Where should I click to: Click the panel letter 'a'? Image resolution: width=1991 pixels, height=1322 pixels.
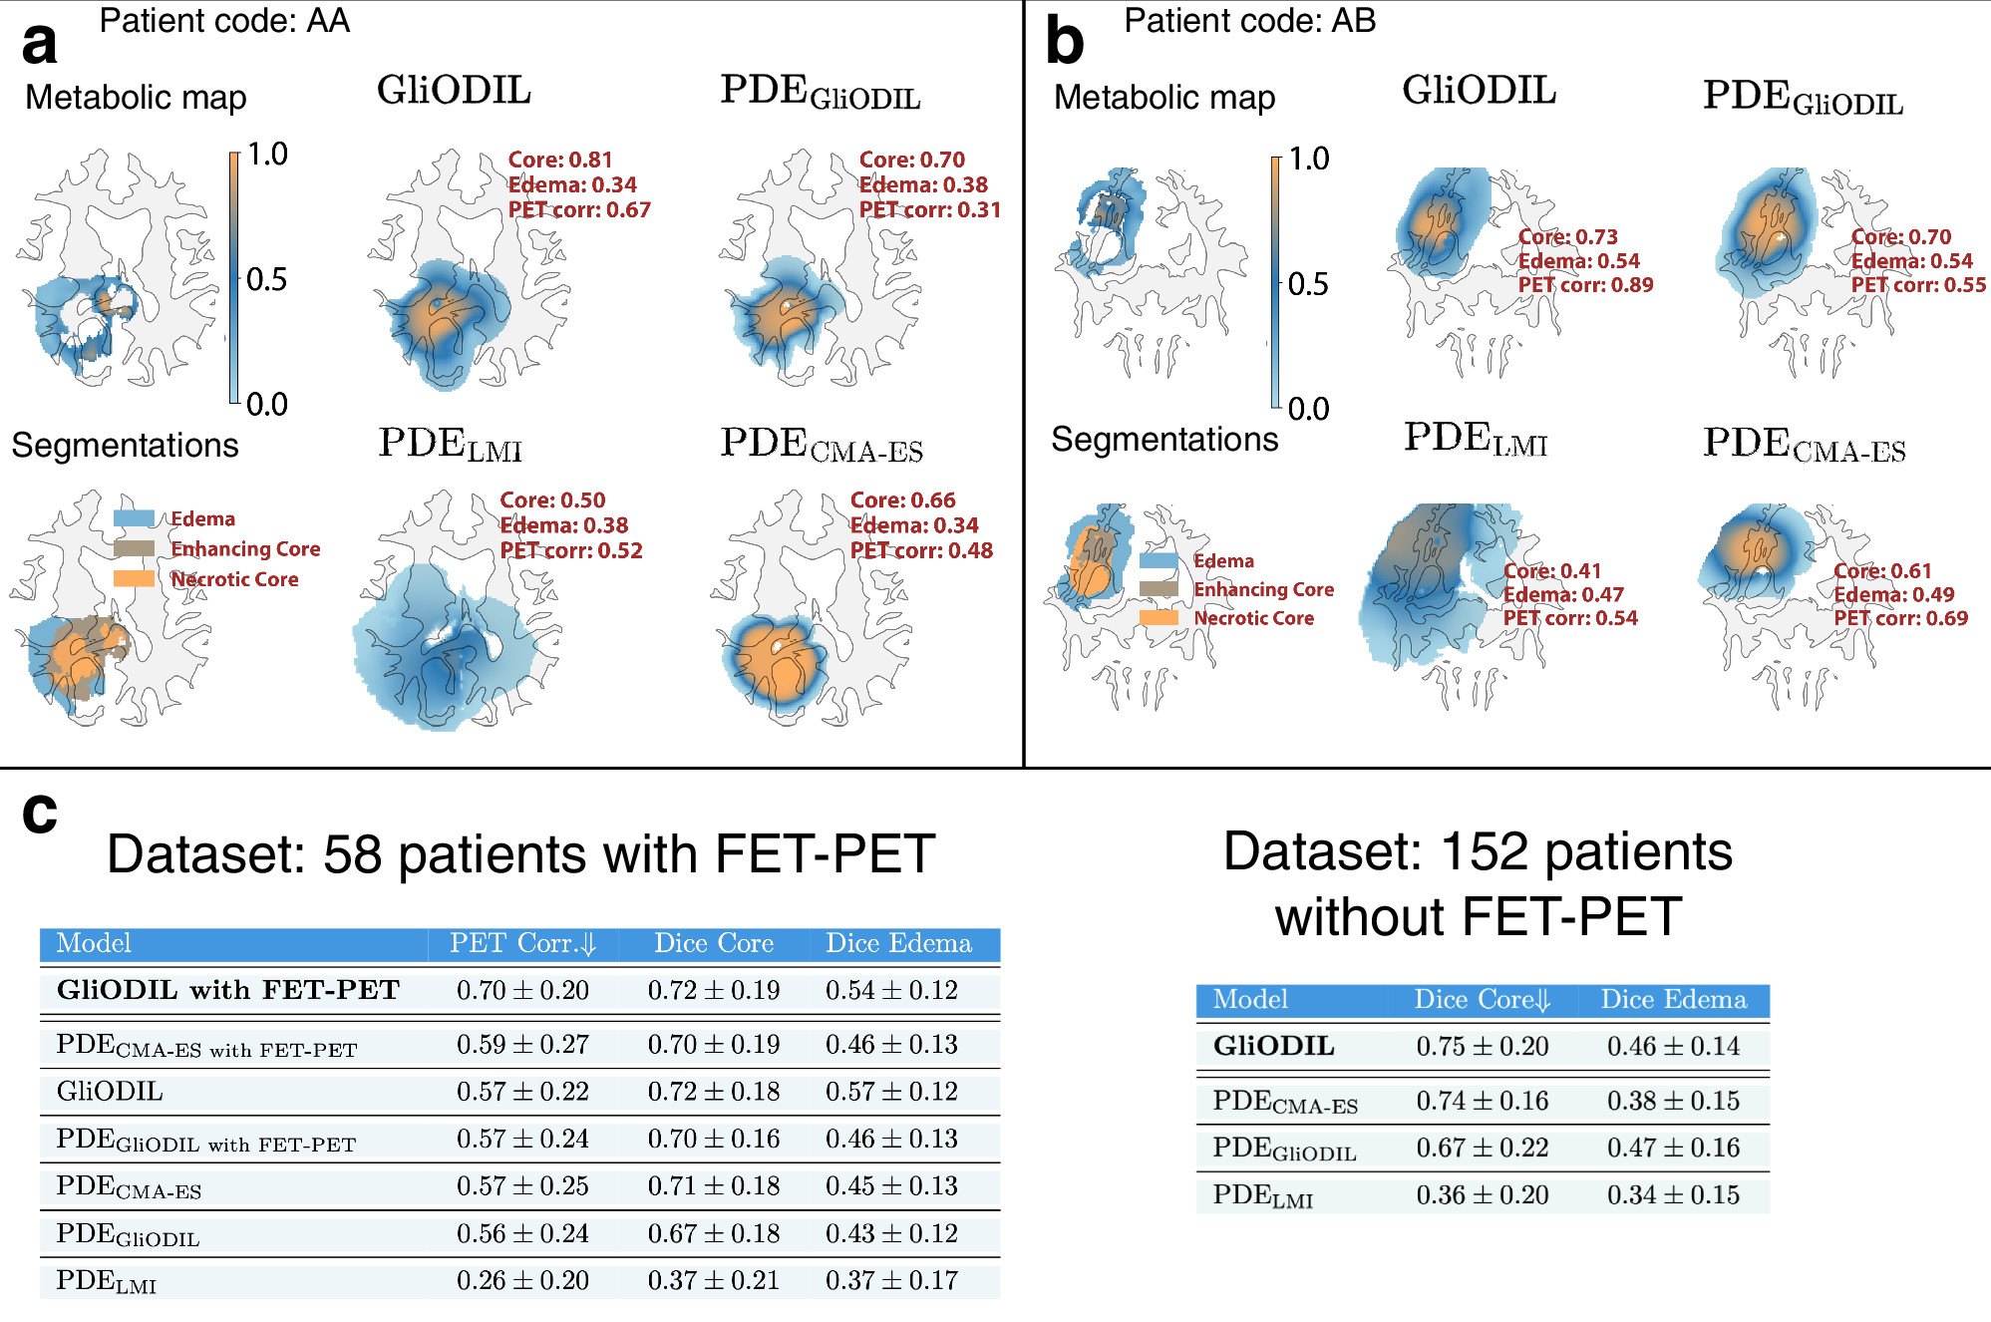click(x=40, y=45)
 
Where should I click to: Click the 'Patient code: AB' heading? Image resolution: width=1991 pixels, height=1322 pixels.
click(x=1249, y=21)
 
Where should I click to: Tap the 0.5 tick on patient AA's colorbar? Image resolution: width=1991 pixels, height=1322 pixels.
click(x=266, y=280)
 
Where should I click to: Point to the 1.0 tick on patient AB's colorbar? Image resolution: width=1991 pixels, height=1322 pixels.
click(x=1308, y=160)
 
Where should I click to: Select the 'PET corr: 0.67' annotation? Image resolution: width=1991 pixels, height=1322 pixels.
click(x=579, y=210)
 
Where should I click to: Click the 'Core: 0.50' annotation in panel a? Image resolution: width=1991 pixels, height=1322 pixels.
click(x=552, y=500)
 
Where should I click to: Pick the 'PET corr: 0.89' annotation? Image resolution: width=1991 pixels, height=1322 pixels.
click(x=1585, y=285)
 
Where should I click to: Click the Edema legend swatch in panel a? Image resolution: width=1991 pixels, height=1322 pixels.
click(x=134, y=518)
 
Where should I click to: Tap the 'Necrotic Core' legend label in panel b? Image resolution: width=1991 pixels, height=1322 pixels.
click(x=1253, y=618)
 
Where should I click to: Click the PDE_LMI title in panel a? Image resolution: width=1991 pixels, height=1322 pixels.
click(x=450, y=445)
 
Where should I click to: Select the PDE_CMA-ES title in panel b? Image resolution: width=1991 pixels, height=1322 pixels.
click(x=1804, y=445)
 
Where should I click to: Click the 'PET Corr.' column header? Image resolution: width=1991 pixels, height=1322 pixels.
click(x=521, y=943)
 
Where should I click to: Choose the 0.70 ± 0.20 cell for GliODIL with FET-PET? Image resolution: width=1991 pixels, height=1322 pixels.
click(x=522, y=990)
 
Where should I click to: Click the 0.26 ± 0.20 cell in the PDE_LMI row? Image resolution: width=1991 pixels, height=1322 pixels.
click(x=522, y=1280)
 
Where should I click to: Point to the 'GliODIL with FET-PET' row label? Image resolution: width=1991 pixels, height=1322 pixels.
click(x=227, y=990)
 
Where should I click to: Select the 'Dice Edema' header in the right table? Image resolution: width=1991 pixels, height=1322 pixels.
click(x=1673, y=1000)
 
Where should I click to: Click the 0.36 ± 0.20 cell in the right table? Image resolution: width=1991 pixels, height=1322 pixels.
click(x=1482, y=1194)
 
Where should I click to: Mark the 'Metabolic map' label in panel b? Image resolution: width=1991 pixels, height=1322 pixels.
click(x=1164, y=98)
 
